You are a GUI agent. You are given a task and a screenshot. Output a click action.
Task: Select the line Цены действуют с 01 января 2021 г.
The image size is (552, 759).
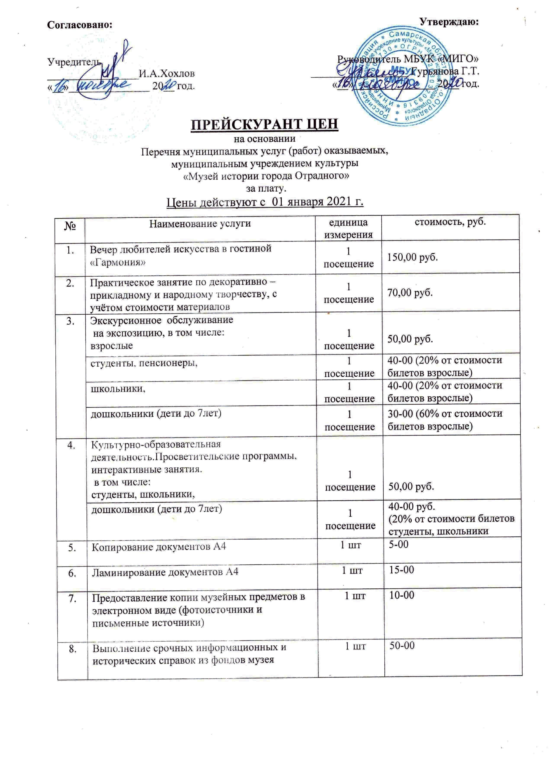coord(265,202)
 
